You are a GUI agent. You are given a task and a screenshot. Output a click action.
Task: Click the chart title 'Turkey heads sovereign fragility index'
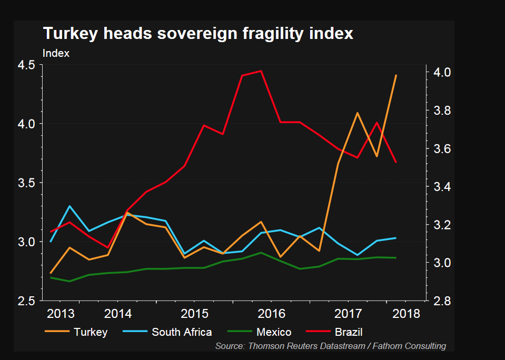[x=197, y=34]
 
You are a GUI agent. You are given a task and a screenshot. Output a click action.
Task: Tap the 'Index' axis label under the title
[x=56, y=53]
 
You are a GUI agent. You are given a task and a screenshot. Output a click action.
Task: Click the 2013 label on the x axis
[x=61, y=314]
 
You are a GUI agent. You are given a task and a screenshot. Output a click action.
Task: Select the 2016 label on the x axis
[x=272, y=314]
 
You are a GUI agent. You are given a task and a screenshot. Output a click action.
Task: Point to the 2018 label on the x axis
[x=407, y=314]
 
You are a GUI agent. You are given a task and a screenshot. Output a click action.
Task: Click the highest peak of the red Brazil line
[x=261, y=71]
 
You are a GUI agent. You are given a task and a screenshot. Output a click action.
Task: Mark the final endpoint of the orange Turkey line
[x=396, y=75]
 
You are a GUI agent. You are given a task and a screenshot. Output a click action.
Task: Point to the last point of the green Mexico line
[x=396, y=258]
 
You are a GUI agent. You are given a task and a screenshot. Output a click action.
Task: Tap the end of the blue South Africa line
[x=396, y=238]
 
